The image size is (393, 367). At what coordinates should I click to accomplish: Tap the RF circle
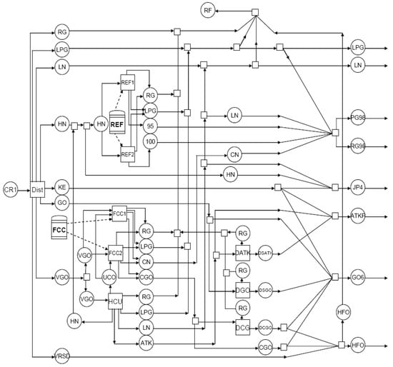[x=208, y=11]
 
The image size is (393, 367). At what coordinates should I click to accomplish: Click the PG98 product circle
[x=358, y=118]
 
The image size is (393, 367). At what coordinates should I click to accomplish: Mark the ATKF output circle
[x=358, y=215]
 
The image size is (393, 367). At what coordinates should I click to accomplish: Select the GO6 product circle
[x=358, y=275]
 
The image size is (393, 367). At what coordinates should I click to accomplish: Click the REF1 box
[x=128, y=82]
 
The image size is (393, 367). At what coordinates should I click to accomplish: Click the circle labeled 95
[x=150, y=126]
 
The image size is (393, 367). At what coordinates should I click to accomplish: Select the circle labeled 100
[x=150, y=142]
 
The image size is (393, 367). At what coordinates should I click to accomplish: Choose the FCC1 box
[x=119, y=213]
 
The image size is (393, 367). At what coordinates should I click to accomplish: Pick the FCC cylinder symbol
[x=61, y=230]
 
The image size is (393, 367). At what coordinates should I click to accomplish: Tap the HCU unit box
[x=116, y=302]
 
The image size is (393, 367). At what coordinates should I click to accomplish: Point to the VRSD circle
[x=62, y=355]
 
